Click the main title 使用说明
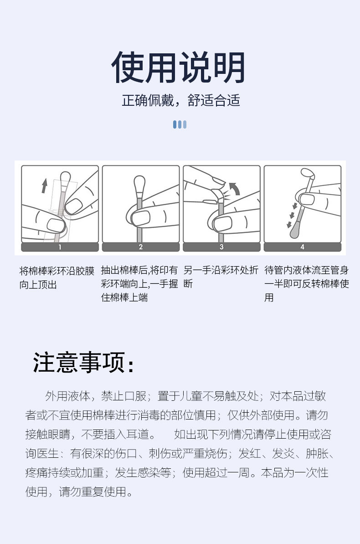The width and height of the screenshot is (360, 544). click(179, 67)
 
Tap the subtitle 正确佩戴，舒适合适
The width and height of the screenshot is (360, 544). click(180, 100)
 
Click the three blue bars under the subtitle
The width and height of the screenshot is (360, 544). click(180, 124)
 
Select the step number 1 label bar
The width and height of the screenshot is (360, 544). click(60, 247)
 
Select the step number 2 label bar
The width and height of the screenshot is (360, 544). click(140, 247)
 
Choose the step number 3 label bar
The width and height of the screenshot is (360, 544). click(221, 247)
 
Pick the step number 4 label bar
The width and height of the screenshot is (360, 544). click(302, 247)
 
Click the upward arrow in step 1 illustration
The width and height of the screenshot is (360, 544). click(44, 186)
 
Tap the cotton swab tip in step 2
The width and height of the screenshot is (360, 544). click(139, 185)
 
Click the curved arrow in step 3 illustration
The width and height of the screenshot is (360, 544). click(234, 187)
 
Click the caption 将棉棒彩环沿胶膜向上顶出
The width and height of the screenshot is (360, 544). click(57, 278)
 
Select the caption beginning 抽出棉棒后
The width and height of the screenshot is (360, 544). click(139, 284)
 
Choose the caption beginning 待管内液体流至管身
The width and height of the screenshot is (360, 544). click(306, 284)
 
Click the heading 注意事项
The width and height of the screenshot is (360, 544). click(84, 363)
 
